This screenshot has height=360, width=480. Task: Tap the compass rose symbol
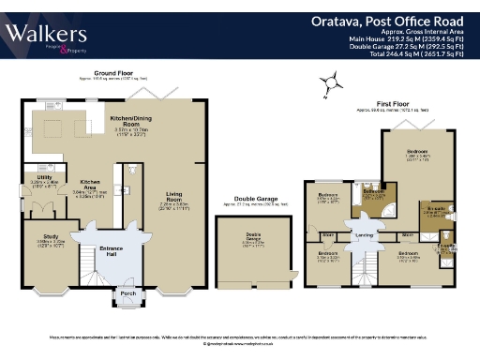point(329,87)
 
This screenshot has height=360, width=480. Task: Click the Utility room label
point(44,176)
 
